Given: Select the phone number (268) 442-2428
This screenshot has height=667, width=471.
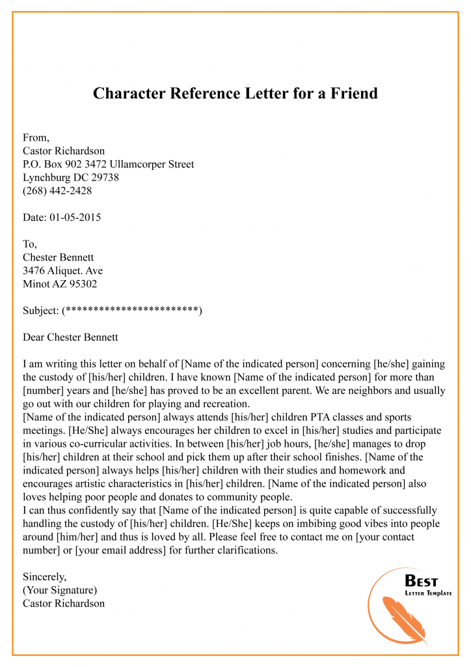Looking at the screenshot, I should [x=57, y=191].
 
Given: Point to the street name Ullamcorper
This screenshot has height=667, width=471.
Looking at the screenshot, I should [x=139, y=164].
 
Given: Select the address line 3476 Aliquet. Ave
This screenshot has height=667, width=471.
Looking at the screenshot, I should [x=62, y=270].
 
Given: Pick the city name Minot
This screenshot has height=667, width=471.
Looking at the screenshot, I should [x=36, y=284].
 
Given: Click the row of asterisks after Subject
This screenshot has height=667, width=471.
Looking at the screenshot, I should [x=132, y=311].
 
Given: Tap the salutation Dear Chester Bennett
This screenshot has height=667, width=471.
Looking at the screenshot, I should [x=70, y=337].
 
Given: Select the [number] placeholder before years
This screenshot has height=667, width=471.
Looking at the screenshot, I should [x=46, y=390].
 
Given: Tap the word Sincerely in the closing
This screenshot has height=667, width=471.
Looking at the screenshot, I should [x=45, y=576].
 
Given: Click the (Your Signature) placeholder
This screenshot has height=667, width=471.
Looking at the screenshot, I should [x=60, y=590].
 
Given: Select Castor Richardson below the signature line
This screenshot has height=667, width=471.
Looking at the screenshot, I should [x=64, y=603].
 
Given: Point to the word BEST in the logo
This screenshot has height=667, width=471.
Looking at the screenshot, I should [x=422, y=580].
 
